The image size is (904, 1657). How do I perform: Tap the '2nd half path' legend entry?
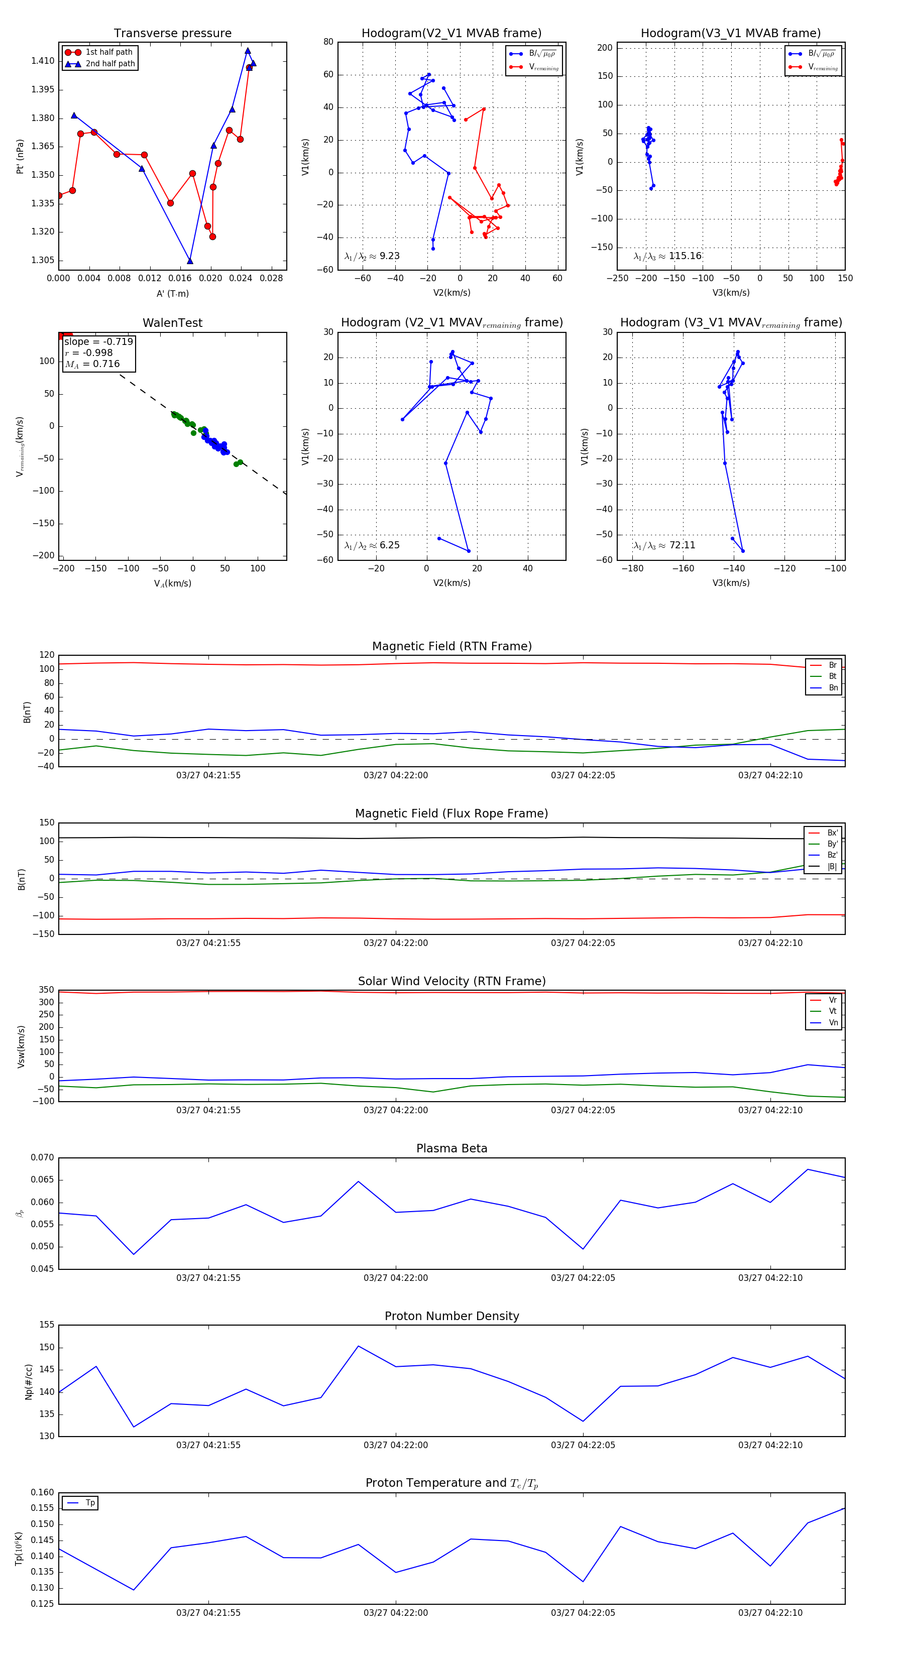(110, 64)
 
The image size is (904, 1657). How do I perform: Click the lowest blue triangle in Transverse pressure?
(190, 261)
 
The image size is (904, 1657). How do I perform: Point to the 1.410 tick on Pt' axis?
(43, 61)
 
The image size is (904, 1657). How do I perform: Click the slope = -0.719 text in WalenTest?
(98, 341)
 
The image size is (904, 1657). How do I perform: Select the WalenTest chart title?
(172, 323)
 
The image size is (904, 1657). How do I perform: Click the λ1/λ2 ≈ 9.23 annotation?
(372, 256)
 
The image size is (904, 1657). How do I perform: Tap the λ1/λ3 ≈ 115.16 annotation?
(667, 256)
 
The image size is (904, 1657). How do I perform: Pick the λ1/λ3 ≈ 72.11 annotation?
(664, 545)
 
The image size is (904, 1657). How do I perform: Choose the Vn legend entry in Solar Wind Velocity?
(833, 1023)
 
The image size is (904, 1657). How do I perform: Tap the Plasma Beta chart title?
(451, 1149)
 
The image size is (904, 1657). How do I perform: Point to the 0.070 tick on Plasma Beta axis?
(43, 1158)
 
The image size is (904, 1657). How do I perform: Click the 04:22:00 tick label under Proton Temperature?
(396, 1613)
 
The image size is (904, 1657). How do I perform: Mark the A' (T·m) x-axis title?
(172, 294)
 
